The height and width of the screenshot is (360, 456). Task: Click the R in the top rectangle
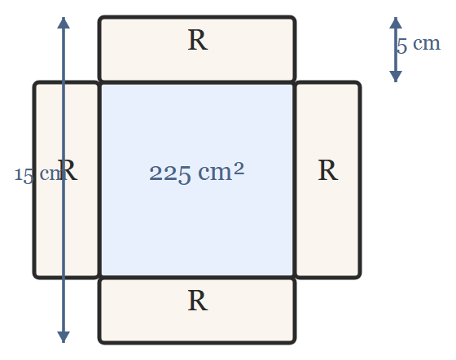pos(198,40)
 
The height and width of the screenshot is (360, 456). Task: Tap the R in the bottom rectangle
pos(198,301)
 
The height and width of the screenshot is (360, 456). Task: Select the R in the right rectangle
pos(328,170)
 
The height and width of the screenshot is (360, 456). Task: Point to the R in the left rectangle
pos(68,170)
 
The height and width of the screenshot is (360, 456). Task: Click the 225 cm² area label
pos(196,173)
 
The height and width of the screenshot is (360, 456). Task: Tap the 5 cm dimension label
pos(419,45)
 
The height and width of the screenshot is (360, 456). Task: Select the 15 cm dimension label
pos(37,175)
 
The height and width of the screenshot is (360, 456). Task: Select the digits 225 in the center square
pos(170,174)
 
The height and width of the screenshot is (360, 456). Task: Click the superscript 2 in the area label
pos(239,169)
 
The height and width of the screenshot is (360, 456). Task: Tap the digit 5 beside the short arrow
pos(402,46)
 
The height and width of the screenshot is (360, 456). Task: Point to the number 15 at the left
pos(24,176)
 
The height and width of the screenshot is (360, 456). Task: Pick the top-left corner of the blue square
pos(100,83)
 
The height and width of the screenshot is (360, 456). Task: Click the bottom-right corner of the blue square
pos(294,278)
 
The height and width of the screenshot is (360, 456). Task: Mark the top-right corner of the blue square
pos(294,83)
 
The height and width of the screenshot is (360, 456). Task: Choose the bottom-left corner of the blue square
pos(100,278)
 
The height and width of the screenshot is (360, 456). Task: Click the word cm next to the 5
pos(427,44)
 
